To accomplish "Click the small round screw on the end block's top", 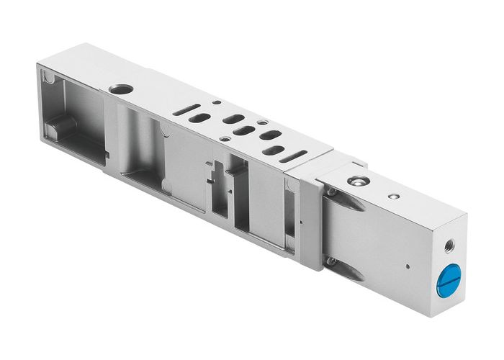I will tap(392, 196).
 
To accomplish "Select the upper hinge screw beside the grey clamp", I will tap(330, 192).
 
